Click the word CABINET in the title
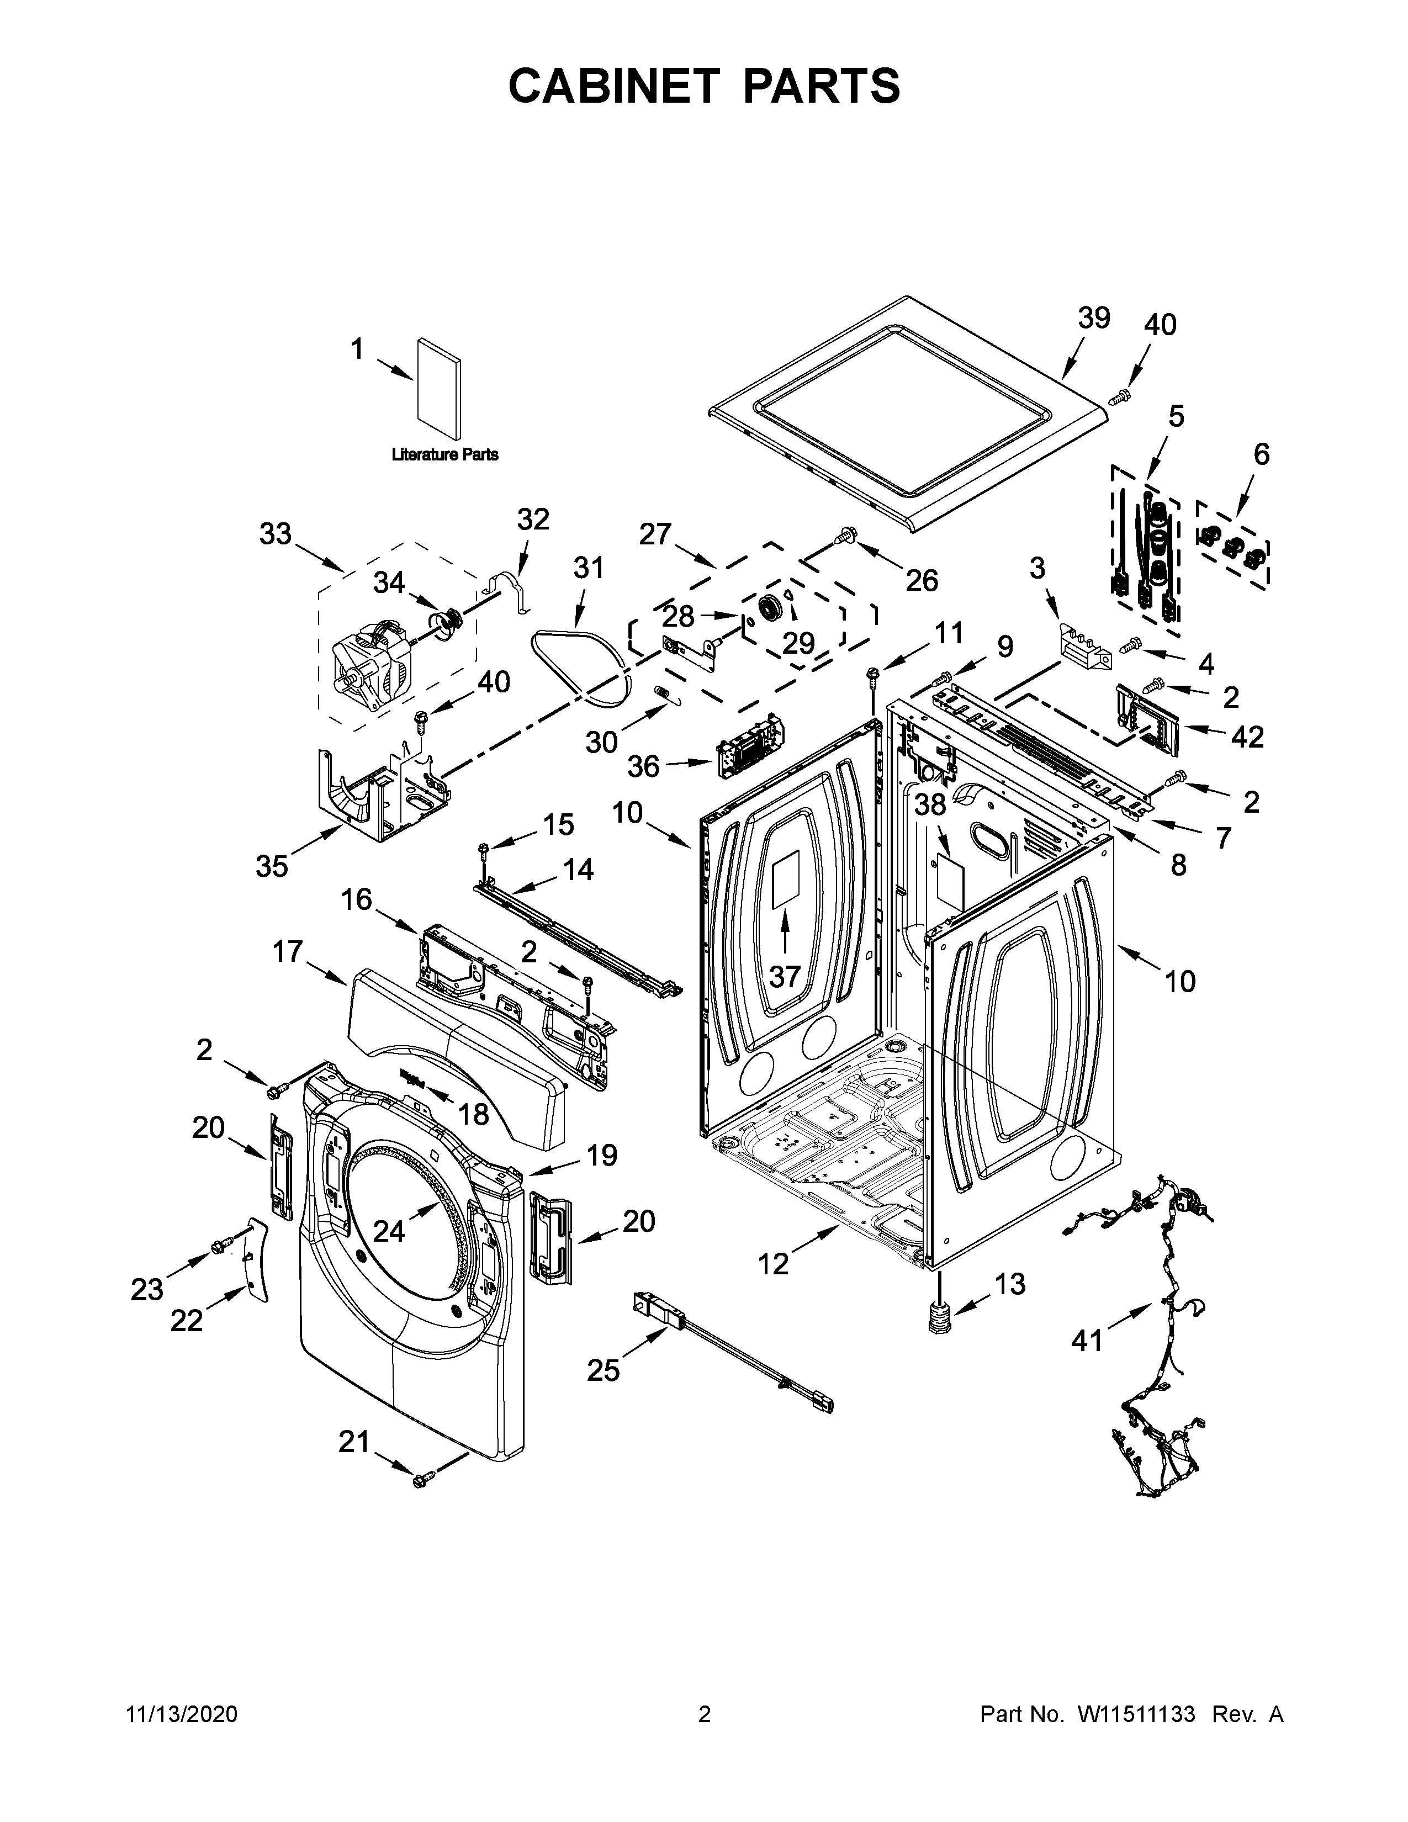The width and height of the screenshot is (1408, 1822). click(613, 86)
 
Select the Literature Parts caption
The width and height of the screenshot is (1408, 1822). click(444, 454)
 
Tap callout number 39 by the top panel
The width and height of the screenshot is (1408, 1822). click(1093, 318)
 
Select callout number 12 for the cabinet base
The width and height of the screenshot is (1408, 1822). click(772, 1264)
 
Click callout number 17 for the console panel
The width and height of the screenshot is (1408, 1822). click(288, 951)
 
